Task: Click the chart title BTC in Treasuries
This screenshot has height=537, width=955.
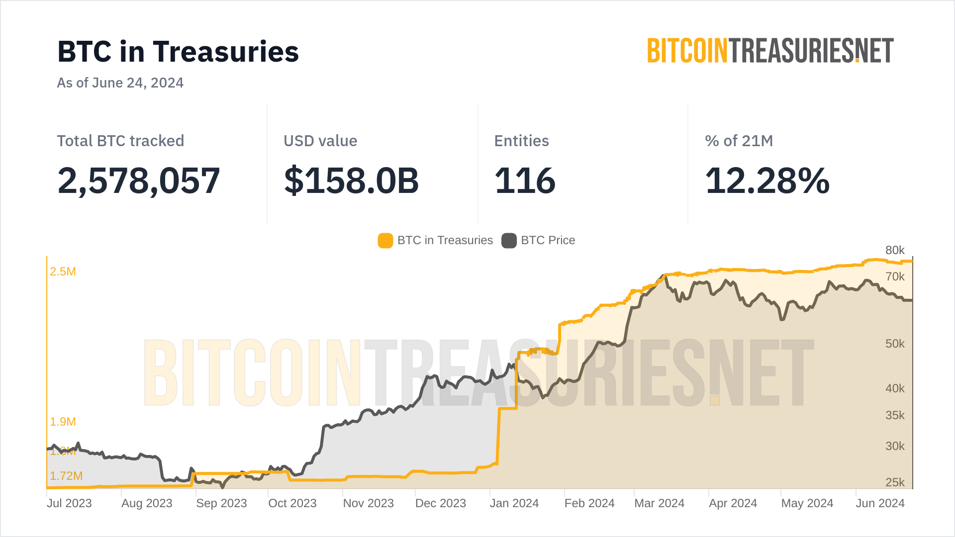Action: (178, 52)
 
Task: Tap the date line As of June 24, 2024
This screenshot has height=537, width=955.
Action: (120, 83)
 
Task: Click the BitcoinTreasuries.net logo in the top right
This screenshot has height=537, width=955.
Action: (770, 51)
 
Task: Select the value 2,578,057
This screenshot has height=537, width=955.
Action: (139, 180)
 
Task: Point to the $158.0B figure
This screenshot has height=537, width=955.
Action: (351, 180)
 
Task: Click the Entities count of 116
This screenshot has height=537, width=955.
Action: (525, 180)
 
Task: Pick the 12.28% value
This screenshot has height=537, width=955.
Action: (767, 180)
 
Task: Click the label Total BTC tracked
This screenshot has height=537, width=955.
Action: (120, 141)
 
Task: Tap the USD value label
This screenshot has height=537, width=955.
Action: (320, 141)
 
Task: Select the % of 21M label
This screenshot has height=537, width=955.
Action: (739, 141)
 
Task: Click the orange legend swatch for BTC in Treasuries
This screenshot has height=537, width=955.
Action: (385, 241)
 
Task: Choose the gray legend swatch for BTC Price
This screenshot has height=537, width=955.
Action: (509, 241)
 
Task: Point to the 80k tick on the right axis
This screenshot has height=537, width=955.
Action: (895, 251)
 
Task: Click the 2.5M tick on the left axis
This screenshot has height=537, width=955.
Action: (63, 271)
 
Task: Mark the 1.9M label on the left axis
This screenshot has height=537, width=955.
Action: (63, 422)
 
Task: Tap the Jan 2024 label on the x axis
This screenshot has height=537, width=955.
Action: (514, 503)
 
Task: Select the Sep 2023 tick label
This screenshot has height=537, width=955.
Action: (221, 503)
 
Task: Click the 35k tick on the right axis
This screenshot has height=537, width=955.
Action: (895, 415)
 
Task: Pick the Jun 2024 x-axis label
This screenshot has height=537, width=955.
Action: (880, 503)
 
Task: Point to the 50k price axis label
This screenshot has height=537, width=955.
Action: (895, 344)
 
